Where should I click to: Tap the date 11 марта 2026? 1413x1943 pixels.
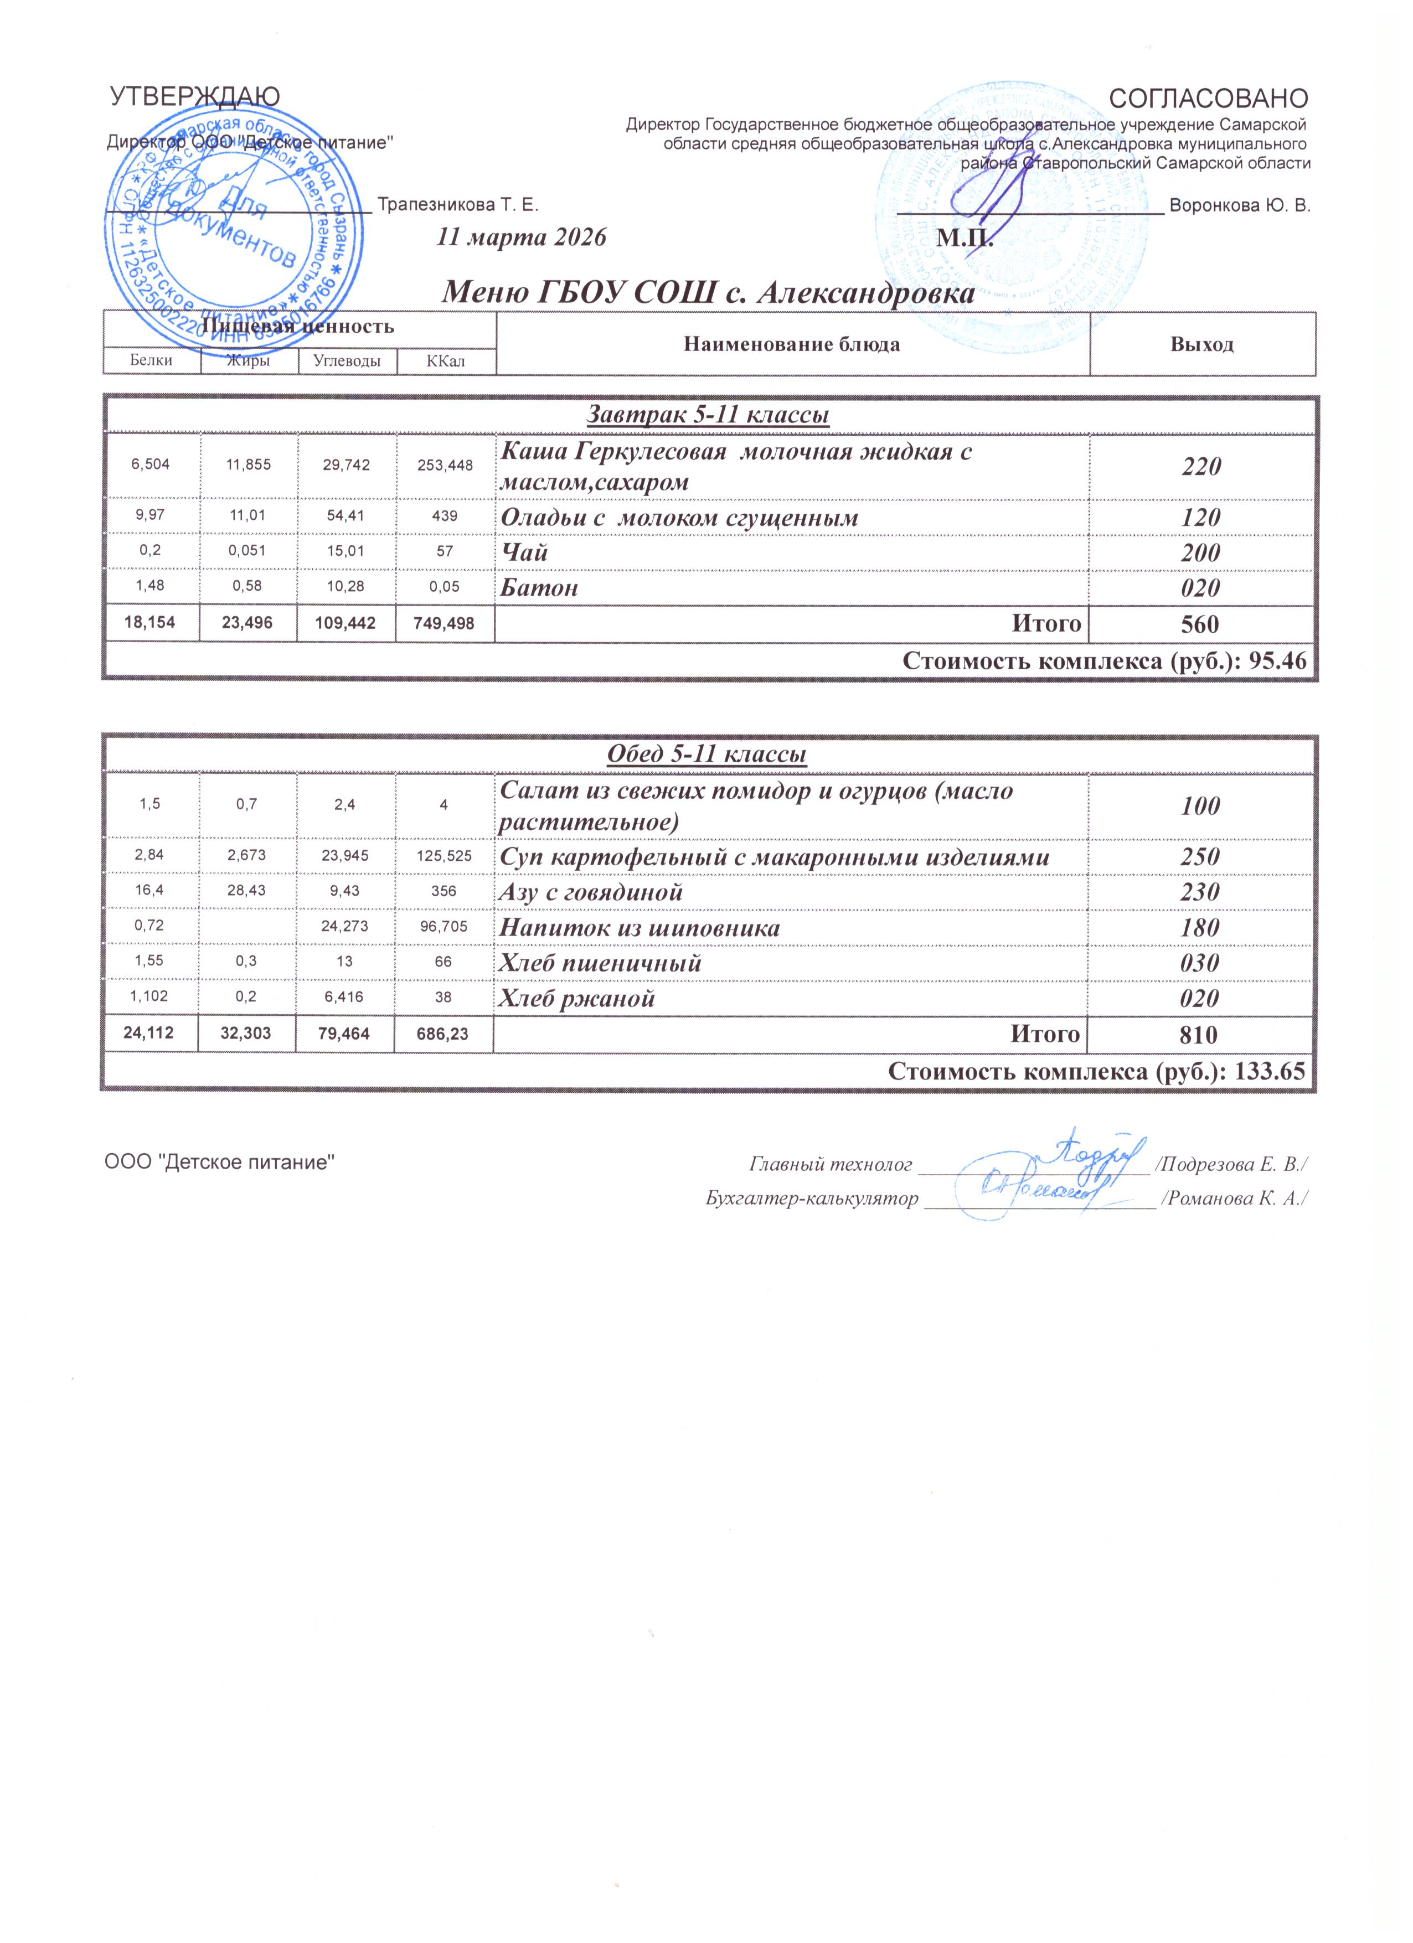(x=521, y=237)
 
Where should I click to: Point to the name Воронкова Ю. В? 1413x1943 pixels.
(x=1239, y=205)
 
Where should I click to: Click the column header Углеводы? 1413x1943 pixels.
(x=347, y=361)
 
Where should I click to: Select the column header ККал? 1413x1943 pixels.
(x=446, y=361)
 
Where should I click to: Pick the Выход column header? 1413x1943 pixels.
(x=1201, y=344)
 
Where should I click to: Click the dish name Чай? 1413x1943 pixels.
(x=524, y=552)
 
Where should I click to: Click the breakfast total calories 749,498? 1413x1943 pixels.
(x=445, y=623)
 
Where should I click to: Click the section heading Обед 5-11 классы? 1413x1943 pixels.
(x=707, y=754)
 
